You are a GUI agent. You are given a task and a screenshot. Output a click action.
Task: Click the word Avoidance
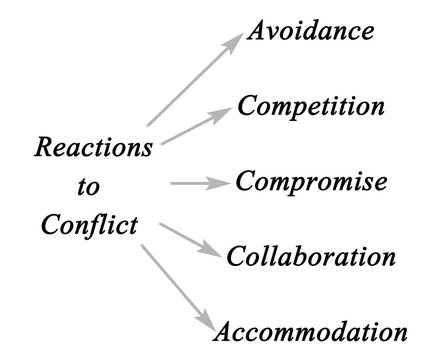pyautogui.click(x=311, y=30)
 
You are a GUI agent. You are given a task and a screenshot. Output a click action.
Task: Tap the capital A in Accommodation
pyautogui.click(x=226, y=330)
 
